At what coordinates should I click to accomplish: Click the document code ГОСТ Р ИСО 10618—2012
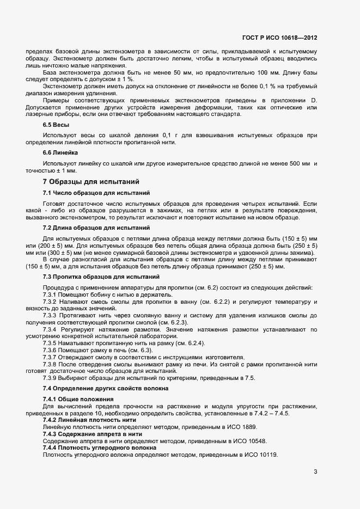279,38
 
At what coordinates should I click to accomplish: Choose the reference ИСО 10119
261,454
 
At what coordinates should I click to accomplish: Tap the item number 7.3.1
50,295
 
